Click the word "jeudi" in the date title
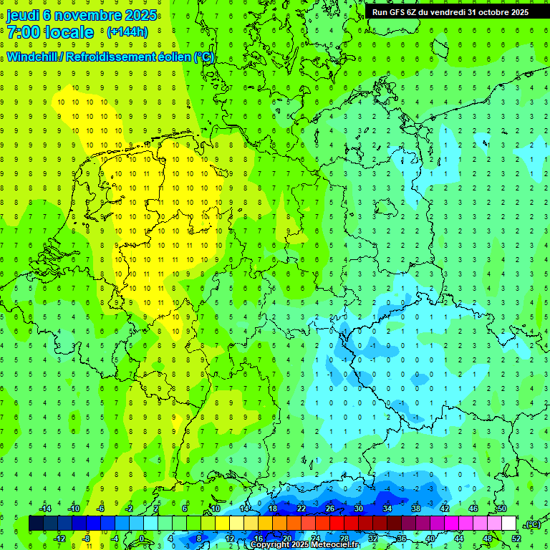coord(23,14)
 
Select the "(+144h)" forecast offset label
coord(127,32)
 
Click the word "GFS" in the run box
coord(398,11)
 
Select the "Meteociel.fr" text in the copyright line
coord(334,545)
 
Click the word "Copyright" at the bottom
coord(272,545)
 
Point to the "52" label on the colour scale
coord(516,539)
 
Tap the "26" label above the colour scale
coord(330,508)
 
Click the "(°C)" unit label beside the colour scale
coord(532,524)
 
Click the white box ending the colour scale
coord(509,524)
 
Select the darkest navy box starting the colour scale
coord(36,524)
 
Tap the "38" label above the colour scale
coord(416,508)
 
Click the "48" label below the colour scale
coord(488,539)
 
